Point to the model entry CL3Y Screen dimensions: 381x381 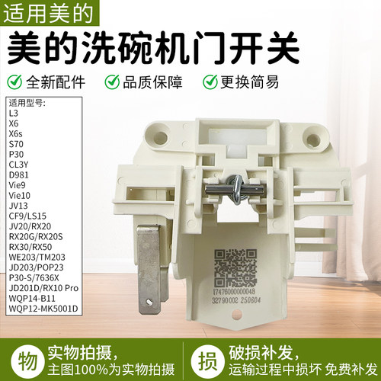(19, 163)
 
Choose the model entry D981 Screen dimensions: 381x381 (19, 174)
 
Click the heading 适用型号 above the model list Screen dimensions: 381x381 (27, 103)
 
